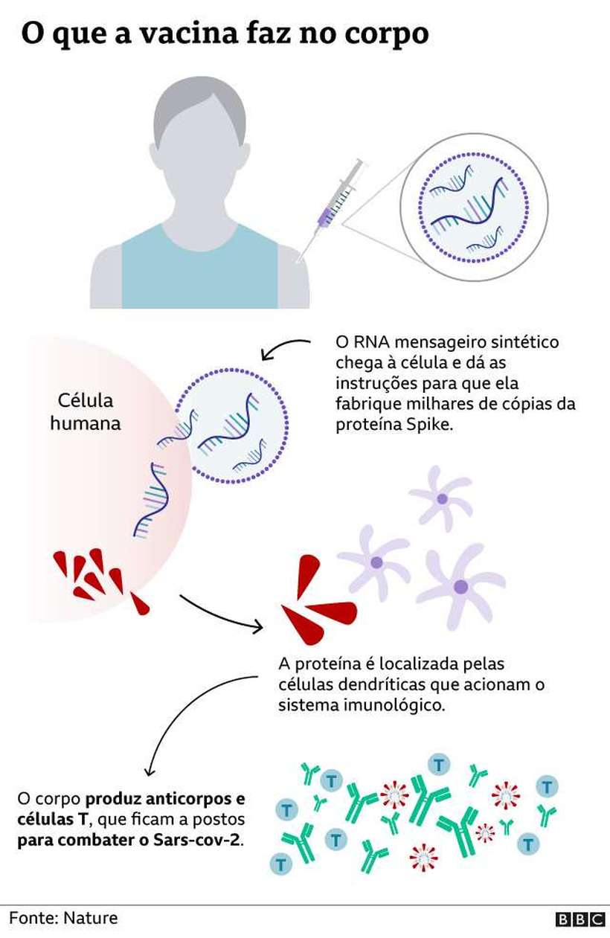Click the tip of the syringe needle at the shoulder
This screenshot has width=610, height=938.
[x=298, y=262]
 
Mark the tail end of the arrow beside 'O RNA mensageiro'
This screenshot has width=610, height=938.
[x=309, y=341]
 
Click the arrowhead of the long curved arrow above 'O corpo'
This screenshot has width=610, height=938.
[x=150, y=774]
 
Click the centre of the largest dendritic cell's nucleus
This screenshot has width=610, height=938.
[x=460, y=586]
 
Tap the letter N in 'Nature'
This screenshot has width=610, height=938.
[x=68, y=919]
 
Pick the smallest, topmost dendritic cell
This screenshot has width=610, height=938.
[x=441, y=498]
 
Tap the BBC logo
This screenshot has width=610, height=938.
[x=579, y=919]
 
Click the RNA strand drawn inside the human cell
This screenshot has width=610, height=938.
[x=151, y=500]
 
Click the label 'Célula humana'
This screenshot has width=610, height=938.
[x=86, y=411]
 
